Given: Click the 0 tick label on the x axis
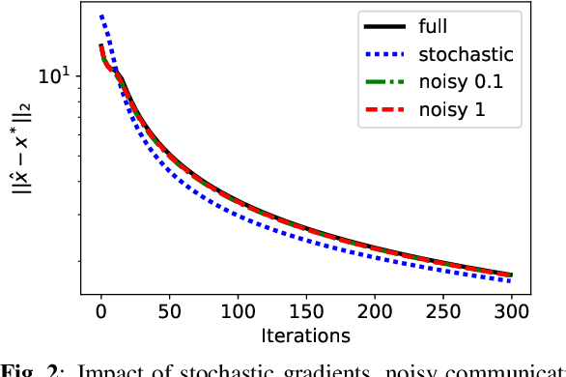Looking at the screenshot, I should click(100, 313).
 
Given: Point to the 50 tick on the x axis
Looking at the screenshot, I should click(169, 313).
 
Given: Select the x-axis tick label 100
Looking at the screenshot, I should click(238, 313).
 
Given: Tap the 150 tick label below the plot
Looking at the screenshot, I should click(306, 313).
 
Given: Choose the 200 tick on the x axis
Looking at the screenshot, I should click(374, 313).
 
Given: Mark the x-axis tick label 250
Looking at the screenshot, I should click(442, 313).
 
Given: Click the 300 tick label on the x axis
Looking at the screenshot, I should click(511, 313).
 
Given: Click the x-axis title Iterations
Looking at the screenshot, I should click(305, 336).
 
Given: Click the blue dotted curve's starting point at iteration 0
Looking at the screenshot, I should click(100, 16).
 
